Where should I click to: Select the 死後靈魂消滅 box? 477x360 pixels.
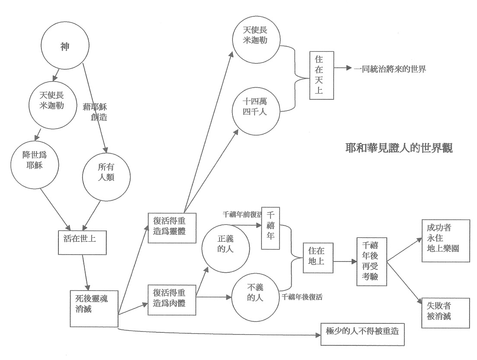click(x=94, y=309)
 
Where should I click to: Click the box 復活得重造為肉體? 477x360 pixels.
click(x=172, y=297)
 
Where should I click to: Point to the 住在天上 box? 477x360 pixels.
click(x=322, y=75)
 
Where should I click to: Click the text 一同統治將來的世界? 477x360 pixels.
click(x=390, y=69)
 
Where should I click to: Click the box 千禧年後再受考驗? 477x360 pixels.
click(x=371, y=261)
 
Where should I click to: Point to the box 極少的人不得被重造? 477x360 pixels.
click(x=362, y=333)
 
